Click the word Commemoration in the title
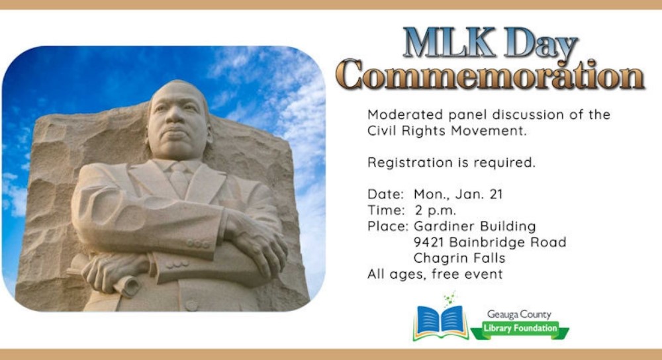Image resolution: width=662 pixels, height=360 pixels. [492, 75]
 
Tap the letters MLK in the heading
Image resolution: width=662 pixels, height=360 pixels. [448, 42]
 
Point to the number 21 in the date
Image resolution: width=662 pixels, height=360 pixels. [496, 194]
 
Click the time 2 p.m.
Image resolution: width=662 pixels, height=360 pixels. [435, 210]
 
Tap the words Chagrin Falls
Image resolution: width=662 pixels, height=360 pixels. [459, 258]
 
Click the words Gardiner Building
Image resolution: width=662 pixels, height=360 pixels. [475, 226]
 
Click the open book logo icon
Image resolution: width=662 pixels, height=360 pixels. [441, 321]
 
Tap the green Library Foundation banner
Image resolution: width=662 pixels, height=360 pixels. [520, 330]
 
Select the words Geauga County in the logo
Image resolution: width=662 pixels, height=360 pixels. [519, 314]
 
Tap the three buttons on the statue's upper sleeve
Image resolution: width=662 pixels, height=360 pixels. [198, 244]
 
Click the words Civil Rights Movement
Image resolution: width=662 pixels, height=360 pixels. [447, 131]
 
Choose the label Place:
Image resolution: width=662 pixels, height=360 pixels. [388, 226]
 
